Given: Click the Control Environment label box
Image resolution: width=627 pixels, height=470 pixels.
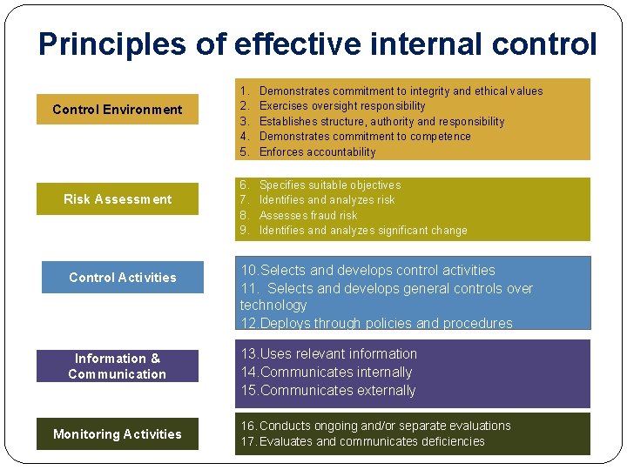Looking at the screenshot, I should (x=118, y=110).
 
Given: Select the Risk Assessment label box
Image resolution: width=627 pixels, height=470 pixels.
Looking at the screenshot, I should (x=118, y=199).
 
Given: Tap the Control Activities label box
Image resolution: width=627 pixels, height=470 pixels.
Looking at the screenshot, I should (x=122, y=278).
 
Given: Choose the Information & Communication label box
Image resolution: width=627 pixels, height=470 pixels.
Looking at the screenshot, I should (x=117, y=366).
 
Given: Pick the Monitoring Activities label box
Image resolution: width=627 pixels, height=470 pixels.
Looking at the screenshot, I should (x=117, y=434).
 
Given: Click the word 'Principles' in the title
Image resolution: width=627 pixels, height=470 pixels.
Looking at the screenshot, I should (x=111, y=44).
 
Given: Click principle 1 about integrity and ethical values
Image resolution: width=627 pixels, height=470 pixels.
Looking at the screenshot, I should (x=401, y=91).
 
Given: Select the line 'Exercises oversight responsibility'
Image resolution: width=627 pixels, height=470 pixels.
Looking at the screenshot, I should (x=342, y=106).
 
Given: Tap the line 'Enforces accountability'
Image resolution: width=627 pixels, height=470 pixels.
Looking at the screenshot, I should (x=317, y=152).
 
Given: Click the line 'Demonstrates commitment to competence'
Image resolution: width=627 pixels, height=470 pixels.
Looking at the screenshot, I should (x=365, y=137).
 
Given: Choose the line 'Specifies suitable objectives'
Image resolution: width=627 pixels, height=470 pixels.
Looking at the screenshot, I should (x=330, y=185).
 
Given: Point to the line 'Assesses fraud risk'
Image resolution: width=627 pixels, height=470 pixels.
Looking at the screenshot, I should (x=308, y=215).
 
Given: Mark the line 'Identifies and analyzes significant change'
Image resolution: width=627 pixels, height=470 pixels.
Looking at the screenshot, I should (x=363, y=231).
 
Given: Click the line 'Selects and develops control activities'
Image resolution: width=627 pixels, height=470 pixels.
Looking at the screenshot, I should (x=367, y=271).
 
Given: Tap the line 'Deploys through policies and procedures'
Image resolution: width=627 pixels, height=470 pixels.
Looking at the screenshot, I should (x=376, y=323).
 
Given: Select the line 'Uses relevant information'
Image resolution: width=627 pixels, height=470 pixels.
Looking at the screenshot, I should (x=329, y=354).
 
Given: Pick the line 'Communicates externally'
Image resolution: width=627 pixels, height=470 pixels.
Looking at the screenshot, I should (x=328, y=391).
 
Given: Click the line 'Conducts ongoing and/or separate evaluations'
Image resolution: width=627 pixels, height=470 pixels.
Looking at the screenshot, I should (x=376, y=426).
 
